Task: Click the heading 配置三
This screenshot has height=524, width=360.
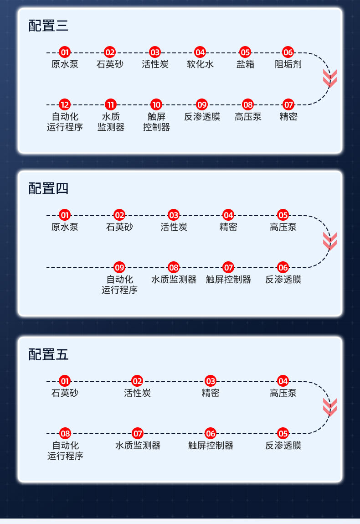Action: [48, 26]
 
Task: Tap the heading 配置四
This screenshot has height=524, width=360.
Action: [48, 188]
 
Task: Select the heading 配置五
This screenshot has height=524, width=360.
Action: [48, 354]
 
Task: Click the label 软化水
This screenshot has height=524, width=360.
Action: [200, 64]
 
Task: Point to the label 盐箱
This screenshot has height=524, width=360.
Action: [245, 64]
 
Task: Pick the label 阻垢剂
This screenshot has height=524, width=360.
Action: [288, 64]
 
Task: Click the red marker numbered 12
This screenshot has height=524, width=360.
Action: [65, 105]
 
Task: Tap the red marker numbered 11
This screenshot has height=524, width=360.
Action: [110, 105]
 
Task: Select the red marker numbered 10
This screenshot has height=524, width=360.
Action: [156, 105]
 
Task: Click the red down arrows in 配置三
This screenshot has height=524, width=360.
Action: [330, 78]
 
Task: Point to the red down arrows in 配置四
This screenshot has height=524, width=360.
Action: [330, 241]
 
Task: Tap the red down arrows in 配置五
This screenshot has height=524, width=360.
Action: [330, 407]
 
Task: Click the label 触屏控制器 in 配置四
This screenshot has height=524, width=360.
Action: [228, 280]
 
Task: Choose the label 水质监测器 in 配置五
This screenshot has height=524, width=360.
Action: [138, 446]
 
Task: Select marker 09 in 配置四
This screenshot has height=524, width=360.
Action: [119, 267]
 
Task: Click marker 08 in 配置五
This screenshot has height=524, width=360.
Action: [65, 433]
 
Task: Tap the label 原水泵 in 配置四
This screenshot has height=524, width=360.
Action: [65, 227]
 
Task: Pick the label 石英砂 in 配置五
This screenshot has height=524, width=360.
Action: [65, 393]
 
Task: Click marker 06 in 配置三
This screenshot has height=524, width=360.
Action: [288, 52]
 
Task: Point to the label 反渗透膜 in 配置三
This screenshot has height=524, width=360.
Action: [202, 117]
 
